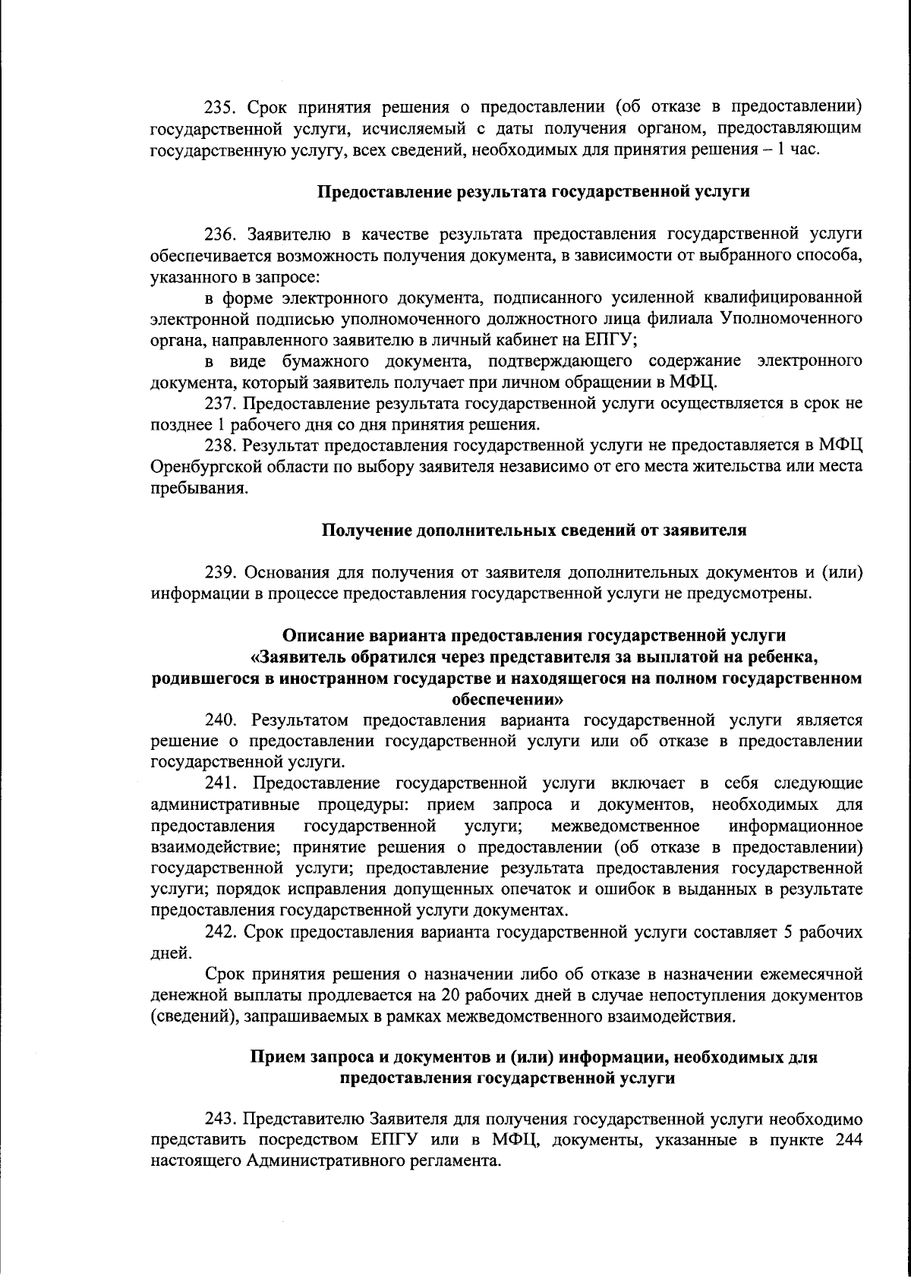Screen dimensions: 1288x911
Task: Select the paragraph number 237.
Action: pos(220,403)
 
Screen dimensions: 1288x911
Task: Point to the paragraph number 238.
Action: pos(220,444)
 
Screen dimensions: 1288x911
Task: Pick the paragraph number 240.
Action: pos(220,719)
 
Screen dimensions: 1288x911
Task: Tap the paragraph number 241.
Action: pos(220,783)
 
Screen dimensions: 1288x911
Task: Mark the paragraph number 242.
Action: pos(220,932)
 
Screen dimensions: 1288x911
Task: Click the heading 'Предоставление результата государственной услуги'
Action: pos(533,191)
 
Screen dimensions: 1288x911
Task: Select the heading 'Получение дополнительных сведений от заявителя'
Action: pos(534,530)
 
